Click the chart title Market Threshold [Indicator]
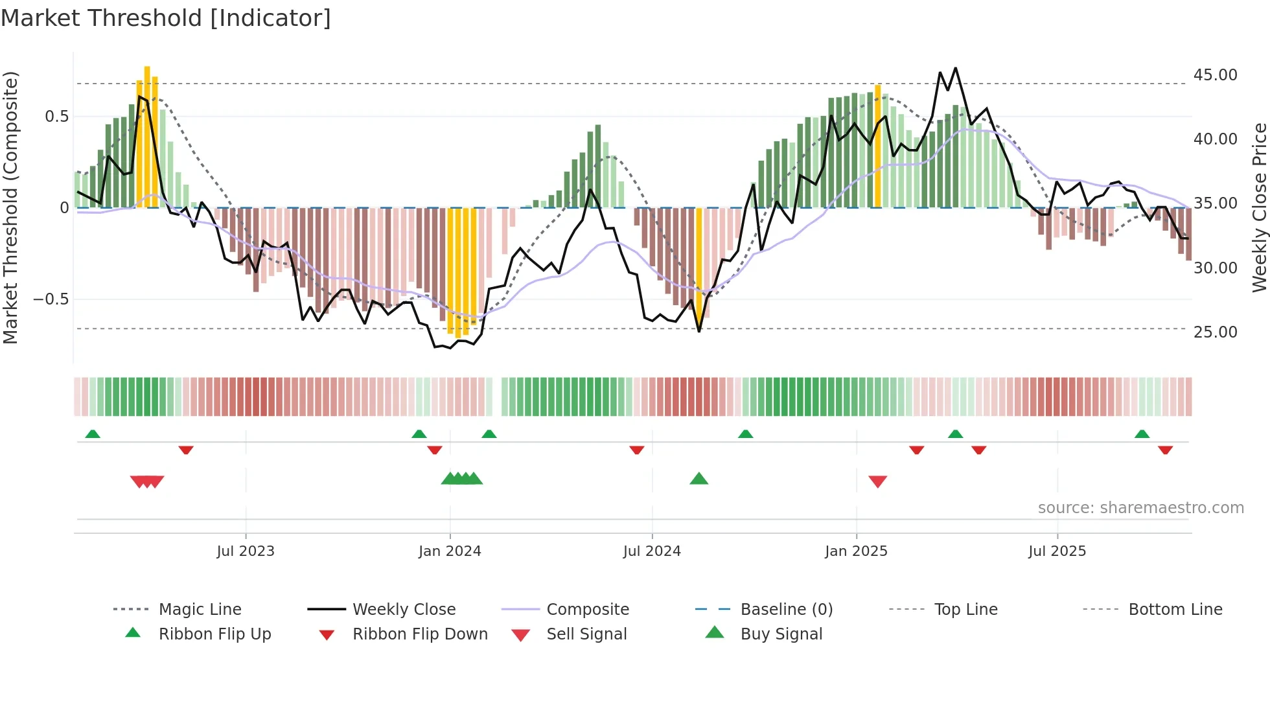click(166, 18)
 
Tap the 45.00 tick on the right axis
click(1215, 75)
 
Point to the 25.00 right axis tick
click(1215, 332)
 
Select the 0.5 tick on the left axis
click(56, 117)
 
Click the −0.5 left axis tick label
click(51, 299)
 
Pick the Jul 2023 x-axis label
click(246, 551)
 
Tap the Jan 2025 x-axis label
click(856, 551)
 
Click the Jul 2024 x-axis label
click(652, 551)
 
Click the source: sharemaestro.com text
click(1140, 508)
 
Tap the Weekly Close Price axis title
click(1259, 207)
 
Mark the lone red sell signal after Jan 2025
click(877, 481)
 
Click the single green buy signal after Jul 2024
click(698, 479)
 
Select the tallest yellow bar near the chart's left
click(147, 136)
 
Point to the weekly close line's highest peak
click(955, 68)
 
